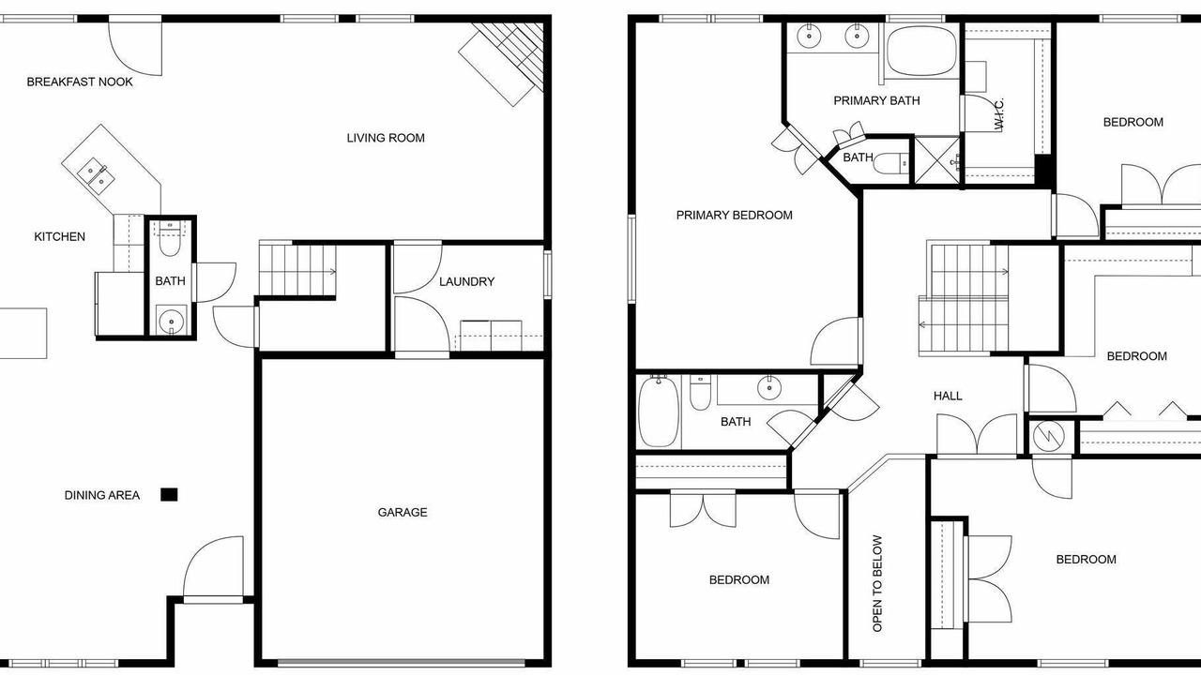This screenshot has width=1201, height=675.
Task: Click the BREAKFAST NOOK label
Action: [x=80, y=82]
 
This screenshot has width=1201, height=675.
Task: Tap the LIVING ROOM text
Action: [x=386, y=138]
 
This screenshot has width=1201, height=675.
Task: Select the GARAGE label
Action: [x=403, y=513]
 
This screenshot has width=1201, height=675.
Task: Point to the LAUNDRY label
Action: [x=466, y=282]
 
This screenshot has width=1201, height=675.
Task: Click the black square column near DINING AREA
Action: [x=170, y=494]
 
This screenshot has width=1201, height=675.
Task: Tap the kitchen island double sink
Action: [x=96, y=175]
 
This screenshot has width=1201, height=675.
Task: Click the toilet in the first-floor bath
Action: [x=170, y=243]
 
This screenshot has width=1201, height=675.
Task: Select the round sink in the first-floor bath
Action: [x=172, y=322]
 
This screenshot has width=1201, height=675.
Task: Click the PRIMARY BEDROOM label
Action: [x=734, y=216]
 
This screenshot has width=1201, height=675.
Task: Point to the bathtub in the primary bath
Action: [x=921, y=51]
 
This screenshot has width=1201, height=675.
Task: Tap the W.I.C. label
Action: [x=998, y=113]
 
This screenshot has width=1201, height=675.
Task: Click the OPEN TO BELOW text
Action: [x=877, y=583]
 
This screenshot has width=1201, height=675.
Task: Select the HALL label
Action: [x=948, y=396]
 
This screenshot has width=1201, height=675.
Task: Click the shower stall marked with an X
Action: [x=937, y=160]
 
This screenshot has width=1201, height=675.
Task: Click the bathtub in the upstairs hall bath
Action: [x=659, y=412]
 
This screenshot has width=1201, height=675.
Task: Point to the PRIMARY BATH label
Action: [x=876, y=100]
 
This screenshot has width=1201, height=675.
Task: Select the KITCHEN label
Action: [x=59, y=237]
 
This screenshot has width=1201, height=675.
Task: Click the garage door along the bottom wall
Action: [x=401, y=663]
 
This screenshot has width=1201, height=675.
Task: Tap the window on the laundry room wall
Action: [x=547, y=275]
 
